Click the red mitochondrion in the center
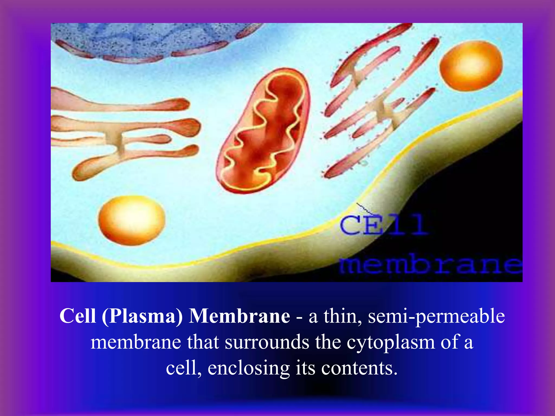[263, 130]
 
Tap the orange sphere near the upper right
[471, 66]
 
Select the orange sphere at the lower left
[132, 220]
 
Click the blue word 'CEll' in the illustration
[383, 225]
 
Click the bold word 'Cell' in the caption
[78, 316]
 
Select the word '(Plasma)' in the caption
[142, 316]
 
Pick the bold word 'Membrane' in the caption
[239, 316]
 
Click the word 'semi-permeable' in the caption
[436, 316]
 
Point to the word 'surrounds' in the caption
[267, 342]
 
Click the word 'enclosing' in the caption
[249, 368]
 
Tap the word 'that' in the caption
[203, 342]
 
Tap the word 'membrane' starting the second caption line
[136, 342]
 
